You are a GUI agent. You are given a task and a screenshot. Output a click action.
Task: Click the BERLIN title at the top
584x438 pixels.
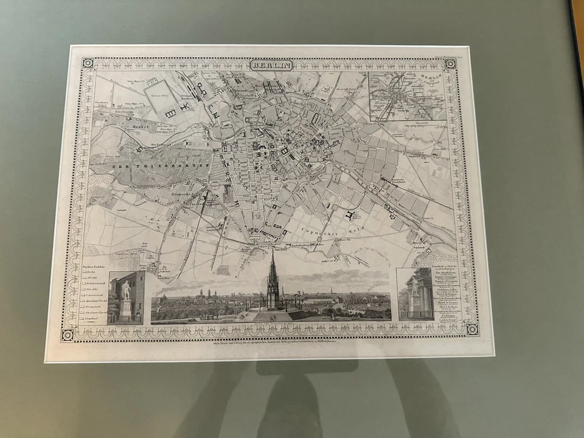click(272, 65)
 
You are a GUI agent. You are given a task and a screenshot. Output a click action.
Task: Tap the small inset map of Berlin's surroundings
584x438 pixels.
click(405, 96)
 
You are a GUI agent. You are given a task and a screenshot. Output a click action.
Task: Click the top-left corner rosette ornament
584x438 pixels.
click(88, 63)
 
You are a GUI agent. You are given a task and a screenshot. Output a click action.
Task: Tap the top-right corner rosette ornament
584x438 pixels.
click(450, 63)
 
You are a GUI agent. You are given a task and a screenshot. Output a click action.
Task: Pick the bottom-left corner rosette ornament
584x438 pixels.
click(67, 334)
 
